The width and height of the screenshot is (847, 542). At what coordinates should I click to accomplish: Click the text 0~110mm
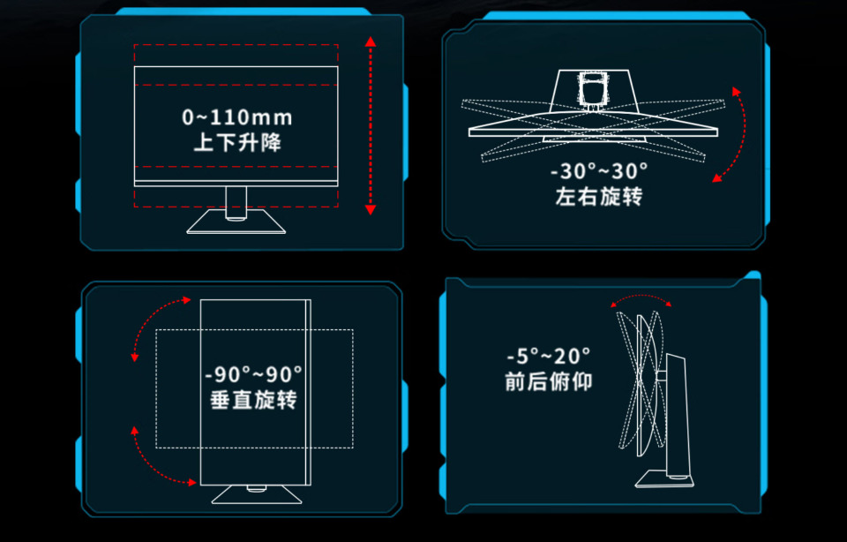coord(237,117)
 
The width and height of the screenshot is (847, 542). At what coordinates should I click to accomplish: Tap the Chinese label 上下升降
coord(237,143)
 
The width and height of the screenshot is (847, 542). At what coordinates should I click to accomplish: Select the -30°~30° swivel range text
coord(599,171)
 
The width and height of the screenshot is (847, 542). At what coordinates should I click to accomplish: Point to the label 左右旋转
coord(599,196)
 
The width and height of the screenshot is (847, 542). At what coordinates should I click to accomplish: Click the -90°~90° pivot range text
coord(253,374)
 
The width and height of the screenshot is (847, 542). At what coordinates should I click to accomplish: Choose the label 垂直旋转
coord(253,401)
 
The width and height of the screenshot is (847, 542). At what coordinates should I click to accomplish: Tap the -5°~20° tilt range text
coord(548,356)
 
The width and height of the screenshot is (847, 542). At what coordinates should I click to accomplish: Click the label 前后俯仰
coord(548,381)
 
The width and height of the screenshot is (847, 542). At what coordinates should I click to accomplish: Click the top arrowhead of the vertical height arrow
coord(370,41)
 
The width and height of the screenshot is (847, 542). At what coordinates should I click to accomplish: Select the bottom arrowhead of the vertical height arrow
coord(370,210)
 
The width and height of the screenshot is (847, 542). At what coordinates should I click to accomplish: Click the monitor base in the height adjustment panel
coord(236,222)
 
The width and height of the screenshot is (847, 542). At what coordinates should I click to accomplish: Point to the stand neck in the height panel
coord(236,203)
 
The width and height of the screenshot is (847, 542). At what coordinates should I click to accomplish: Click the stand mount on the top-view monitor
coord(593,90)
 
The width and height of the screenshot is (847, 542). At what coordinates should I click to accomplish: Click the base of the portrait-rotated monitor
coord(257,494)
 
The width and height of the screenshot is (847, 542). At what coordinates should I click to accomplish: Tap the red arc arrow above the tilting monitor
coord(641,296)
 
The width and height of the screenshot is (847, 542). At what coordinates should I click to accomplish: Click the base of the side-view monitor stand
coord(665,478)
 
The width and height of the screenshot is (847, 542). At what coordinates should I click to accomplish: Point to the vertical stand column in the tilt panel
coord(678,415)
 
